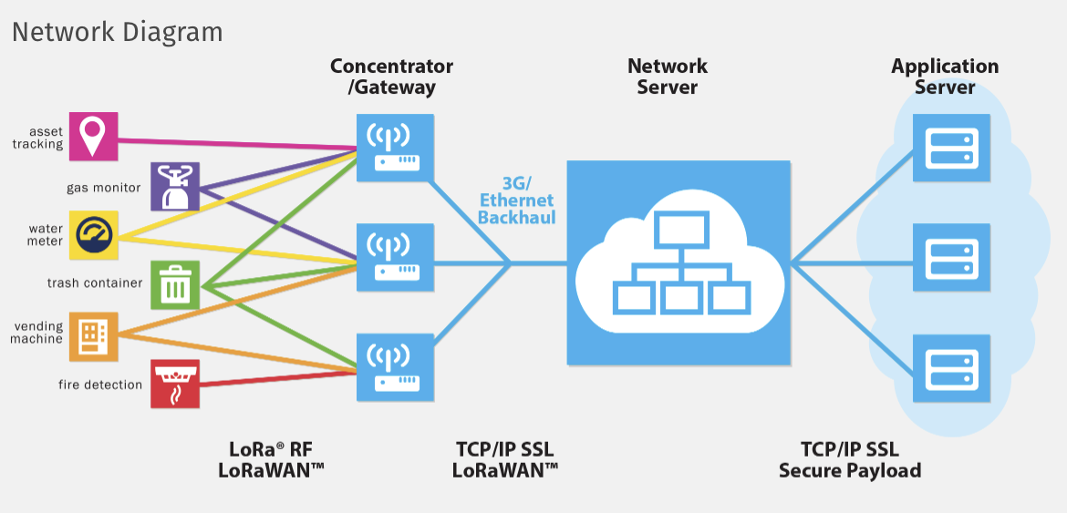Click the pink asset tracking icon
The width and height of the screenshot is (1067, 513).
point(93,136)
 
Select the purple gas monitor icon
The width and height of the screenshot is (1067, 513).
point(174,187)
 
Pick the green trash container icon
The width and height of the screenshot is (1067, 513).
point(175,284)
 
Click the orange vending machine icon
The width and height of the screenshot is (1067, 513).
point(93,336)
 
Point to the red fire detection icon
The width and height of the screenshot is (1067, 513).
point(174,384)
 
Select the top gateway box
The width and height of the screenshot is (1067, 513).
point(393,146)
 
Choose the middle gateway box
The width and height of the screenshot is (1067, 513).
point(393,252)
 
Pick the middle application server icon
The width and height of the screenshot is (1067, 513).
point(952,258)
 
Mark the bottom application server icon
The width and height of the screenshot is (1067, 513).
point(952,367)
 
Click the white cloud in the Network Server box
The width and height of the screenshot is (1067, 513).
point(677,263)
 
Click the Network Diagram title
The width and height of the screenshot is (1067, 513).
point(117,32)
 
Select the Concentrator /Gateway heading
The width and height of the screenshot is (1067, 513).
point(391,77)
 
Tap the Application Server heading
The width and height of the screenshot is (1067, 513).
point(945,77)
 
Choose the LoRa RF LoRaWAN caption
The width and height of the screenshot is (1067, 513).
point(271,460)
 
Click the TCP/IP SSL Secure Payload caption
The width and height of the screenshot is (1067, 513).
point(849,460)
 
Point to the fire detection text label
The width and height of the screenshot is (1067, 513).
point(100,385)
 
